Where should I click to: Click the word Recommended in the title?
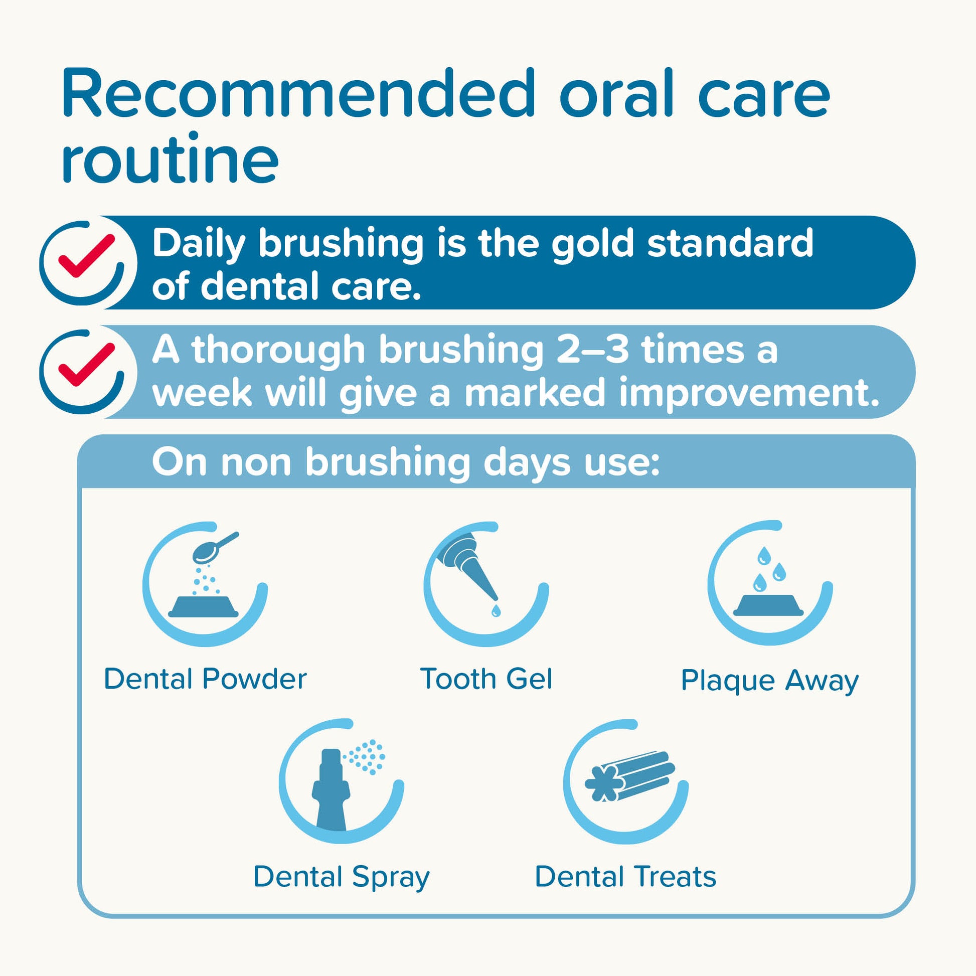pos(298,94)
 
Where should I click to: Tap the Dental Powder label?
pos(205,679)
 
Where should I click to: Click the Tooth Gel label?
pos(486,679)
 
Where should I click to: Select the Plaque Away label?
pos(769,681)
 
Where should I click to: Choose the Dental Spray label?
pos(341,877)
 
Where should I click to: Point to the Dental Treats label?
pos(625,877)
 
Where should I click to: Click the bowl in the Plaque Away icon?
pos(768,604)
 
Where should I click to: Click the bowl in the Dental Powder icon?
pos(203,606)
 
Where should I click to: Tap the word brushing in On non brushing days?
pos(388,463)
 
